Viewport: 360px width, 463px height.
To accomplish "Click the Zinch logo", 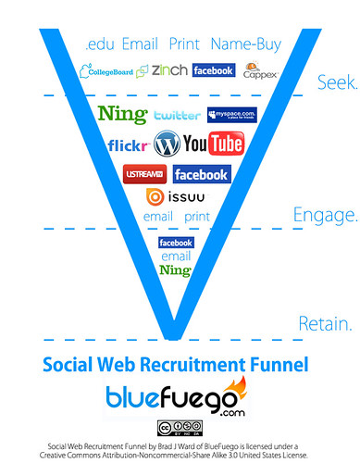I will coord(169,69).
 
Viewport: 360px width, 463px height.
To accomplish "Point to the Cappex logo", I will coord(258,71).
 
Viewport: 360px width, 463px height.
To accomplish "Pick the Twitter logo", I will coord(177,116).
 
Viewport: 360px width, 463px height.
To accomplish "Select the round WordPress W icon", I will coord(168,144).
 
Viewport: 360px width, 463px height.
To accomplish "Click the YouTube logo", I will coord(213,144).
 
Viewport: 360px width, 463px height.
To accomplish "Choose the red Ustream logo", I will coord(143,173).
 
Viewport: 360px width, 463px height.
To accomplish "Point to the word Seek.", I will coord(337,82).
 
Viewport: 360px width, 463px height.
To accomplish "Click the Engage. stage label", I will coord(325,216).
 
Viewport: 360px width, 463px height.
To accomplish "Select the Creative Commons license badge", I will coord(179,428).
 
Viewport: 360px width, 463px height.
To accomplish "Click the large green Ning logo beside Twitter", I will coord(121,115).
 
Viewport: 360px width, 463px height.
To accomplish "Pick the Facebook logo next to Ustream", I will coord(201,173).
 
